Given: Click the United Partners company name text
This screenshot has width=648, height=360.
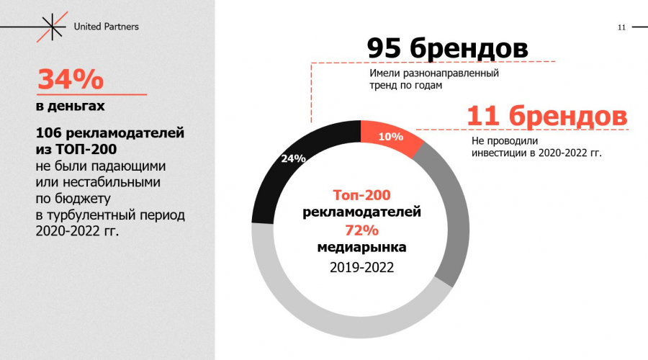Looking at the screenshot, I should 107,27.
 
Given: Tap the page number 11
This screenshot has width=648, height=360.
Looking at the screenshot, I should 621,27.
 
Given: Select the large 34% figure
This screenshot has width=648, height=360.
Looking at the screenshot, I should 71,79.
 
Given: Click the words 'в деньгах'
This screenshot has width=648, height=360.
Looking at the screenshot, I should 71,107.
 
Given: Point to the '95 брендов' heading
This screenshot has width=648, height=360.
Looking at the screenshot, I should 447,48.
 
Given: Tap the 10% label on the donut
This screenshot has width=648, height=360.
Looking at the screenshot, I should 390,137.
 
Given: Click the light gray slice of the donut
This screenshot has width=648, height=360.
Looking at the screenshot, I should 324,317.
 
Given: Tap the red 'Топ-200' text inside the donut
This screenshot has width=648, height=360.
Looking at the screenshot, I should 361,194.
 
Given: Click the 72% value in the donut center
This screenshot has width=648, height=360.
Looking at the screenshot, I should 361,230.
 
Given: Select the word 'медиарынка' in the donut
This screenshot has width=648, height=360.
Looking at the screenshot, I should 361,247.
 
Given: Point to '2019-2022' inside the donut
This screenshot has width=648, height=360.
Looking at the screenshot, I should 361,267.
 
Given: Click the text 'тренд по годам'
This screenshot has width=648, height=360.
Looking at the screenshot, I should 405,85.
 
